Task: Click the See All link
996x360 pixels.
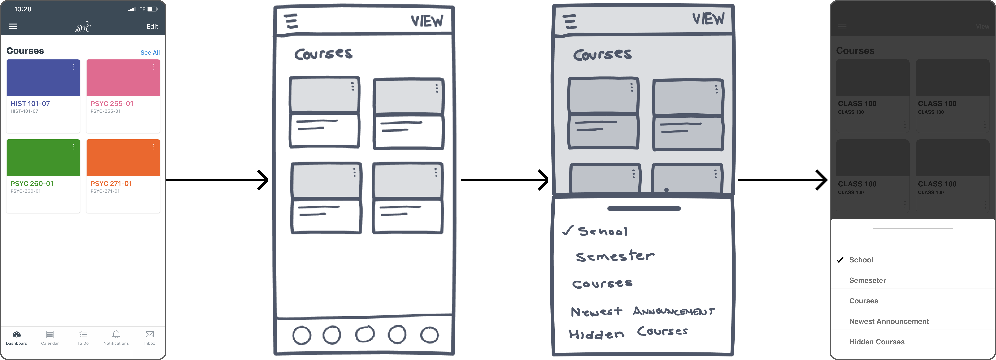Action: coord(150,53)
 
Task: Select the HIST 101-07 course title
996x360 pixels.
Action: coord(30,104)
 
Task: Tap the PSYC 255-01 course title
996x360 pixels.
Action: coord(112,104)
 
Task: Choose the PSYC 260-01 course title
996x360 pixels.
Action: coord(32,184)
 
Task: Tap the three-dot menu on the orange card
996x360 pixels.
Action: coord(153,147)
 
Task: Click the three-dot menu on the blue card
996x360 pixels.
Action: coord(73,67)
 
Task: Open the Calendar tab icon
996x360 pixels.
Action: coord(50,334)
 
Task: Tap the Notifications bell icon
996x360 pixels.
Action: coord(116,334)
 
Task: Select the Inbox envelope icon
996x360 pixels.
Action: coord(150,334)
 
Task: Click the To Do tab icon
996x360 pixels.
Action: coord(83,334)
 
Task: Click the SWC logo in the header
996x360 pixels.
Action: coord(83,27)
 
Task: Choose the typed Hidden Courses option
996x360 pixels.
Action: coord(877,342)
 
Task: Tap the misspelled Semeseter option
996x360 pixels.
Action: coord(867,280)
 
